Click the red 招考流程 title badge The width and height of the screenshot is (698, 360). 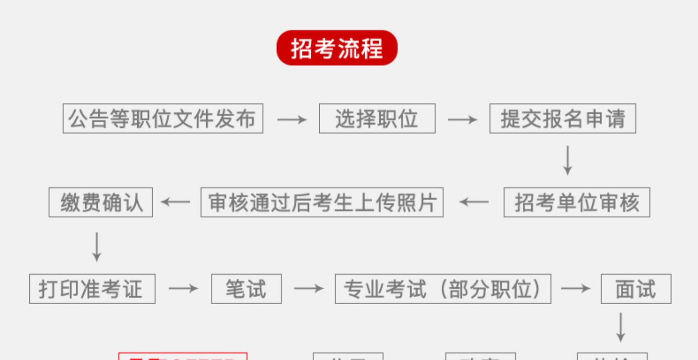coord(337,48)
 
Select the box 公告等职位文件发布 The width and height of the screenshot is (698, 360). coord(163,119)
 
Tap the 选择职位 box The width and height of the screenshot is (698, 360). coord(377,119)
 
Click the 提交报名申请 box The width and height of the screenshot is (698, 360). coord(563,119)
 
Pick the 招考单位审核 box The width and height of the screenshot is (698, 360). coord(577,202)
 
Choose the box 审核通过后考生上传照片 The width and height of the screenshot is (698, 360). coord(322,202)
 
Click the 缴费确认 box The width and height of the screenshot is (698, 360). coord(101,202)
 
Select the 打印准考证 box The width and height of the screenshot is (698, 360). coord(92,289)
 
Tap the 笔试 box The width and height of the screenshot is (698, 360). coord(246,289)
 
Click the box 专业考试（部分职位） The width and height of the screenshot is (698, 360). coord(443,289)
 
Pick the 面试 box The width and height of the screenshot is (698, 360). coord(636,289)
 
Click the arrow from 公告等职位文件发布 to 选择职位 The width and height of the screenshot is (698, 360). coord(292,120)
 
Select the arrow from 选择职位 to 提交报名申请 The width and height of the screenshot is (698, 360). coord(463,120)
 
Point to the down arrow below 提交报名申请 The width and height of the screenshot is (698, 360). coord(567,160)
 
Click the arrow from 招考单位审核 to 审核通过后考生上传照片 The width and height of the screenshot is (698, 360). coord(474,202)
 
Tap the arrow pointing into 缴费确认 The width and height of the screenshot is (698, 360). coord(175,202)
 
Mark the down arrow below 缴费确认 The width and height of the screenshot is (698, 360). coord(97,247)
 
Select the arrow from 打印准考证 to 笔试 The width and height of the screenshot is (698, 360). coord(183,289)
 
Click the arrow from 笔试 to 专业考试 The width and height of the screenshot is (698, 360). coord(309,289)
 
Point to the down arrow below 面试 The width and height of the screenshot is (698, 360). coord(620,327)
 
